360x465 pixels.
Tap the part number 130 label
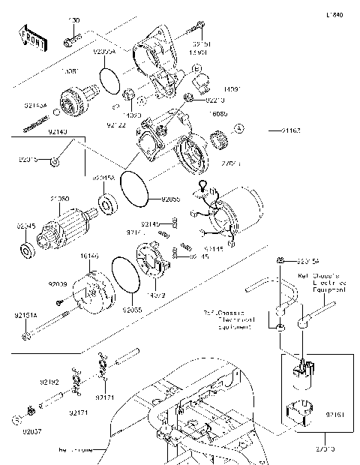(74, 20)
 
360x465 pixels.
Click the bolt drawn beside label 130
(71, 38)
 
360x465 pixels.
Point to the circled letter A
(239, 130)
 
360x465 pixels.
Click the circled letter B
(142, 98)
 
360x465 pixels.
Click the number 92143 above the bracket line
(58, 132)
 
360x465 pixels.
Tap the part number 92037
(34, 433)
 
